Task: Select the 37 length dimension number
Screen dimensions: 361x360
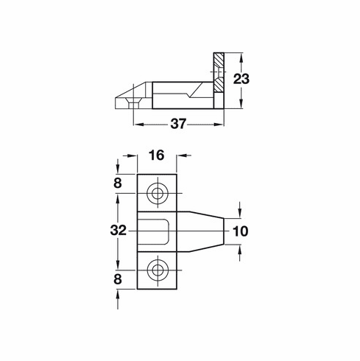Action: click(x=177, y=125)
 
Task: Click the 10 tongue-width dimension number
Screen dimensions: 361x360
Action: click(x=239, y=231)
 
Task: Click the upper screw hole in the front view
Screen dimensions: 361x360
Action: click(x=157, y=194)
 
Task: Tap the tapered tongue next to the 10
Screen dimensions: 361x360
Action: click(x=202, y=231)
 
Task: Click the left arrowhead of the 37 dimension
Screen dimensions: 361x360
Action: click(x=137, y=125)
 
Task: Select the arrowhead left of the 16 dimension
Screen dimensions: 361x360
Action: click(x=133, y=155)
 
